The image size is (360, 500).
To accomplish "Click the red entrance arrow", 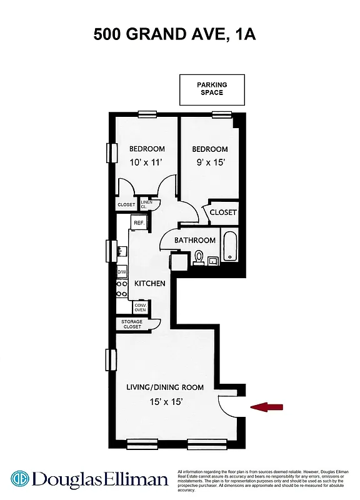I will click(267, 407).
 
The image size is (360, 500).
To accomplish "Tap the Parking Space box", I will click(212, 89).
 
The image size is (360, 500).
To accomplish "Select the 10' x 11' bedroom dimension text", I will click(147, 162).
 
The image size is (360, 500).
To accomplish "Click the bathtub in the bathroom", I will click(230, 247).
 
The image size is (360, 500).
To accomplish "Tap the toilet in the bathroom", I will click(199, 256).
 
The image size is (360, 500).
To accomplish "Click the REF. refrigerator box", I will click(139, 222).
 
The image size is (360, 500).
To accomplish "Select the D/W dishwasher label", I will click(122, 272).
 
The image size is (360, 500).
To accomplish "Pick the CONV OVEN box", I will click(140, 307).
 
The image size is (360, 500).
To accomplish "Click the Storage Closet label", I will click(132, 324).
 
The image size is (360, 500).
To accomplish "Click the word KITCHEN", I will click(150, 284).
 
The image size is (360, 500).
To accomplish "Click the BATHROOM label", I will click(194, 240).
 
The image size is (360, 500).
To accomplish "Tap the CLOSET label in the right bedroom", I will click(223, 212).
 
